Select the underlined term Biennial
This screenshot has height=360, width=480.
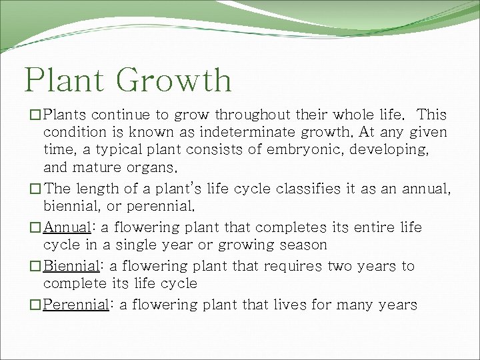point(71,266)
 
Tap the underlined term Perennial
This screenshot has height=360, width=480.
point(75,305)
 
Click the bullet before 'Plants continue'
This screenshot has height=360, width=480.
point(36,115)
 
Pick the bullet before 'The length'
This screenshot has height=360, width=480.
point(36,189)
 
